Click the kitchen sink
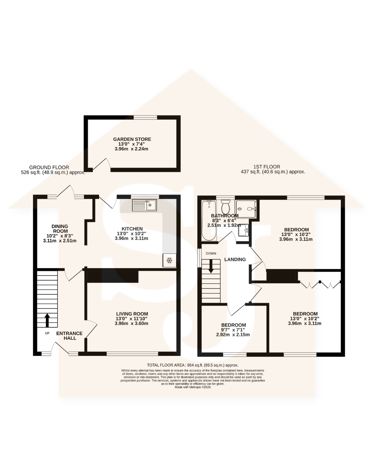(144, 205)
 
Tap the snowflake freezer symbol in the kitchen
(169, 260)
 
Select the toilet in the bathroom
(225, 206)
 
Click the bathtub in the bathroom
(209, 220)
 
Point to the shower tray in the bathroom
(246, 209)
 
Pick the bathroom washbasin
(243, 230)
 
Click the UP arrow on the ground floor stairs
(47, 320)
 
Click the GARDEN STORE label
(132, 139)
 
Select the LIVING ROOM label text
(132, 314)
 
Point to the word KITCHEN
(132, 229)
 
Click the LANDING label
(235, 259)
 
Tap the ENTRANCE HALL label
(70, 336)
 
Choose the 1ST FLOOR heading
(267, 167)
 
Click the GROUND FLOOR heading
(49, 167)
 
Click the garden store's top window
(145, 117)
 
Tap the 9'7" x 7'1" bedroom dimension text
(233, 330)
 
